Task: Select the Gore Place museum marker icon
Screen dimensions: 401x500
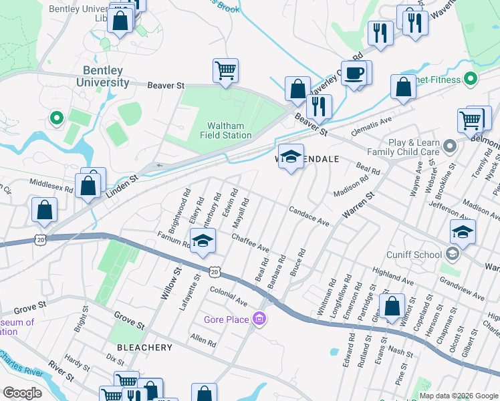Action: point(259,319)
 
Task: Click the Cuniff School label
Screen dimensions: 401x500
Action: point(414,255)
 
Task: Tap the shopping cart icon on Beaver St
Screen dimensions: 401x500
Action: point(225,70)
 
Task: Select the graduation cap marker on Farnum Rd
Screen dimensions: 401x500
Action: point(203,241)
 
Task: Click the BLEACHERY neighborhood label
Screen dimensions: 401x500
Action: point(145,348)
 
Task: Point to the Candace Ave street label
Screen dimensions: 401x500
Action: point(309,215)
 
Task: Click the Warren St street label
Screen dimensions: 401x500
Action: point(358,206)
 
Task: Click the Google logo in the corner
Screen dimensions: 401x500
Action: point(22,393)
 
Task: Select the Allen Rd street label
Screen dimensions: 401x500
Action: point(203,342)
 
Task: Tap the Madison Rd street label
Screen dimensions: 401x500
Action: point(351,186)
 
